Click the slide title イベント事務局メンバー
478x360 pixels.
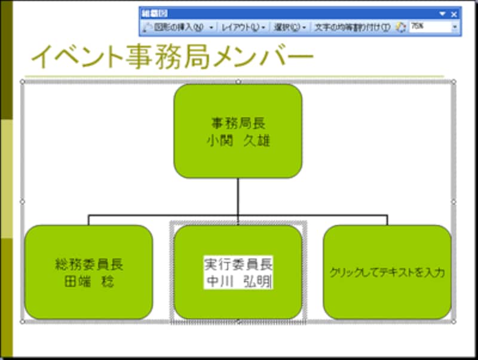[172, 57]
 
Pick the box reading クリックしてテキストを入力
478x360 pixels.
[387, 293]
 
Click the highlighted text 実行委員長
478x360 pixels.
[238, 264]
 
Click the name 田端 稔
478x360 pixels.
[88, 281]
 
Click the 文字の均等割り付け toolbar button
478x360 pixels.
[353, 27]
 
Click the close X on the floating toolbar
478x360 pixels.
[454, 14]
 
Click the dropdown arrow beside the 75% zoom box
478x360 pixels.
[455, 27]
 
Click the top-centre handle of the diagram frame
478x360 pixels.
[238, 81]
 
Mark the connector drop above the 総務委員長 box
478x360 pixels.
[88, 219]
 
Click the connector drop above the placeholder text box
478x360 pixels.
[387, 219]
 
